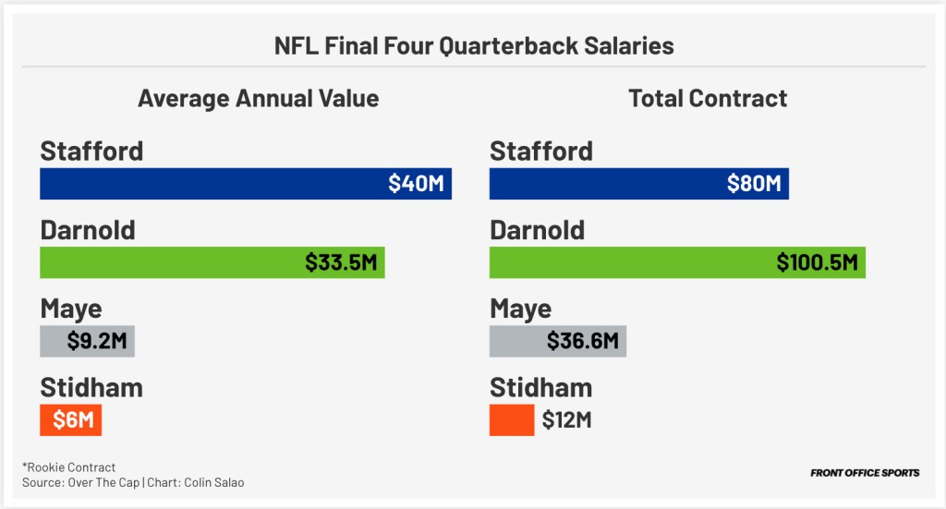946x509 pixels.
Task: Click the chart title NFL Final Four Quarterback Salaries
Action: tap(473, 45)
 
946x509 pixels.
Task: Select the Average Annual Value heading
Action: tap(258, 98)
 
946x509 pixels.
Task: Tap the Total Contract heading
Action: tap(708, 98)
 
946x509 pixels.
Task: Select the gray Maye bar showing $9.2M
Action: tap(88, 341)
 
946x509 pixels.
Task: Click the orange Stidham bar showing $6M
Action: tap(70, 420)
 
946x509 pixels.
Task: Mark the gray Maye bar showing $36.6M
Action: tap(558, 341)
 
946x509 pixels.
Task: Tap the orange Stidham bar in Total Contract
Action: tap(512, 420)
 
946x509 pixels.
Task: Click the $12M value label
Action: tap(566, 420)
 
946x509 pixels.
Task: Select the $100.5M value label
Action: tap(817, 263)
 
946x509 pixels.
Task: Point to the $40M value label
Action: tap(416, 184)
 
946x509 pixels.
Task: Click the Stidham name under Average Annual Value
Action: tap(91, 387)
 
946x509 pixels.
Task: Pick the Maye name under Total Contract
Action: tap(521, 309)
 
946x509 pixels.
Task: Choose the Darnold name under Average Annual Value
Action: tap(88, 230)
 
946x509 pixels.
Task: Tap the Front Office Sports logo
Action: tap(865, 473)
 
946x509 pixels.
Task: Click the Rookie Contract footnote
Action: tap(68, 467)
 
